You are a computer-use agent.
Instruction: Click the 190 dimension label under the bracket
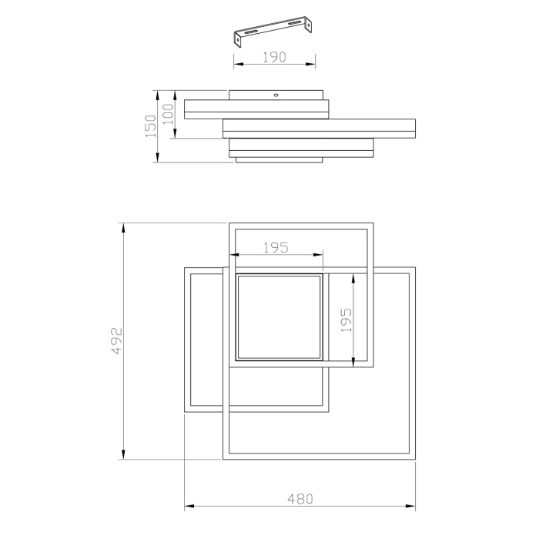click(275, 56)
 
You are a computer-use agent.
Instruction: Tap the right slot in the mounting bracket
click(295, 24)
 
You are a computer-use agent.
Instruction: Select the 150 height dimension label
click(151, 126)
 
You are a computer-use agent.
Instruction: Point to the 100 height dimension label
click(169, 115)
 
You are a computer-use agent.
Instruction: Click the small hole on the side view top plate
click(275, 96)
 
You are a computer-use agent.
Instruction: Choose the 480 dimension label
click(300, 498)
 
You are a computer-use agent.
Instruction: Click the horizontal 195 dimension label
click(275, 247)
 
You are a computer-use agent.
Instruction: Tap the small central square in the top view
click(279, 316)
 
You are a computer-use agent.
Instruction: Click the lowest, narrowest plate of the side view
click(279, 160)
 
